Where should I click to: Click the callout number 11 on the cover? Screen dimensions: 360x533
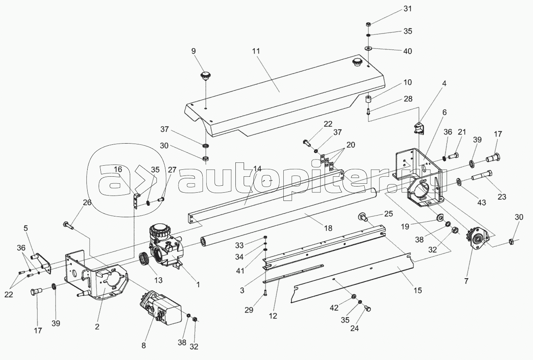[x=256, y=52]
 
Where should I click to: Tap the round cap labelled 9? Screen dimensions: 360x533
[x=205, y=76]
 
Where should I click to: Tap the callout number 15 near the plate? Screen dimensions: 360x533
[x=418, y=290]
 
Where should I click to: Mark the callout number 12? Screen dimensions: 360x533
[x=273, y=316]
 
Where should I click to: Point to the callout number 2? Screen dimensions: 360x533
[x=97, y=326]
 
